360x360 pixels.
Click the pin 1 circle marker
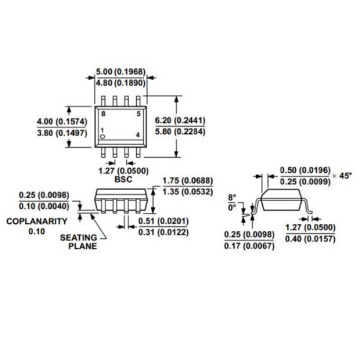click(x=103, y=137)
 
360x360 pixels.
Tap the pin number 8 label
click(x=103, y=113)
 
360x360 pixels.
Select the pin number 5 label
click(x=139, y=113)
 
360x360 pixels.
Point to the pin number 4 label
click(x=138, y=135)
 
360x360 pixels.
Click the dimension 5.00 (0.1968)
click(x=121, y=71)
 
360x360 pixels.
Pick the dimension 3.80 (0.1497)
click(x=62, y=133)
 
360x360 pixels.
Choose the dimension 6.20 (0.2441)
click(x=180, y=120)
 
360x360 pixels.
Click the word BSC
click(x=123, y=179)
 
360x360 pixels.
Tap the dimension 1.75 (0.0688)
click(x=188, y=181)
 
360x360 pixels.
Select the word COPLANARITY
click(x=37, y=221)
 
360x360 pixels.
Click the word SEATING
click(x=79, y=238)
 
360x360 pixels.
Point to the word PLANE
click(x=83, y=247)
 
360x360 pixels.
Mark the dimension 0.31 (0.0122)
click(x=163, y=232)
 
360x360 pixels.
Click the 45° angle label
click(x=346, y=176)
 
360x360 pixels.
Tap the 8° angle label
click(x=232, y=197)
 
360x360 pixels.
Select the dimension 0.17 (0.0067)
click(x=250, y=246)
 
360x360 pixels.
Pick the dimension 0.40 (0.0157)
click(x=310, y=239)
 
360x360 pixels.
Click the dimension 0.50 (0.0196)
click(x=305, y=170)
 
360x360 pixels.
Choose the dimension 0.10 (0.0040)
click(x=44, y=206)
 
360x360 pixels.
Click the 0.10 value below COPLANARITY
click(x=37, y=232)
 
